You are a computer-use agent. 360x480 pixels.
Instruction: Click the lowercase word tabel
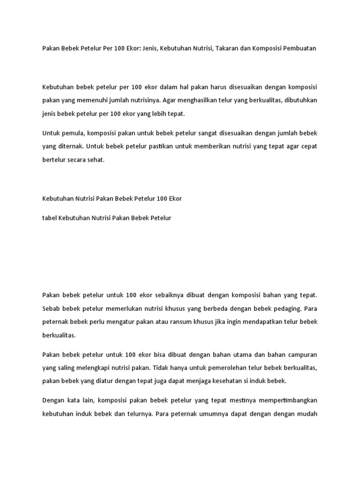tap(49, 218)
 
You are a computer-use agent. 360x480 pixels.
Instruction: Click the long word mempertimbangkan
tap(287, 401)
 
